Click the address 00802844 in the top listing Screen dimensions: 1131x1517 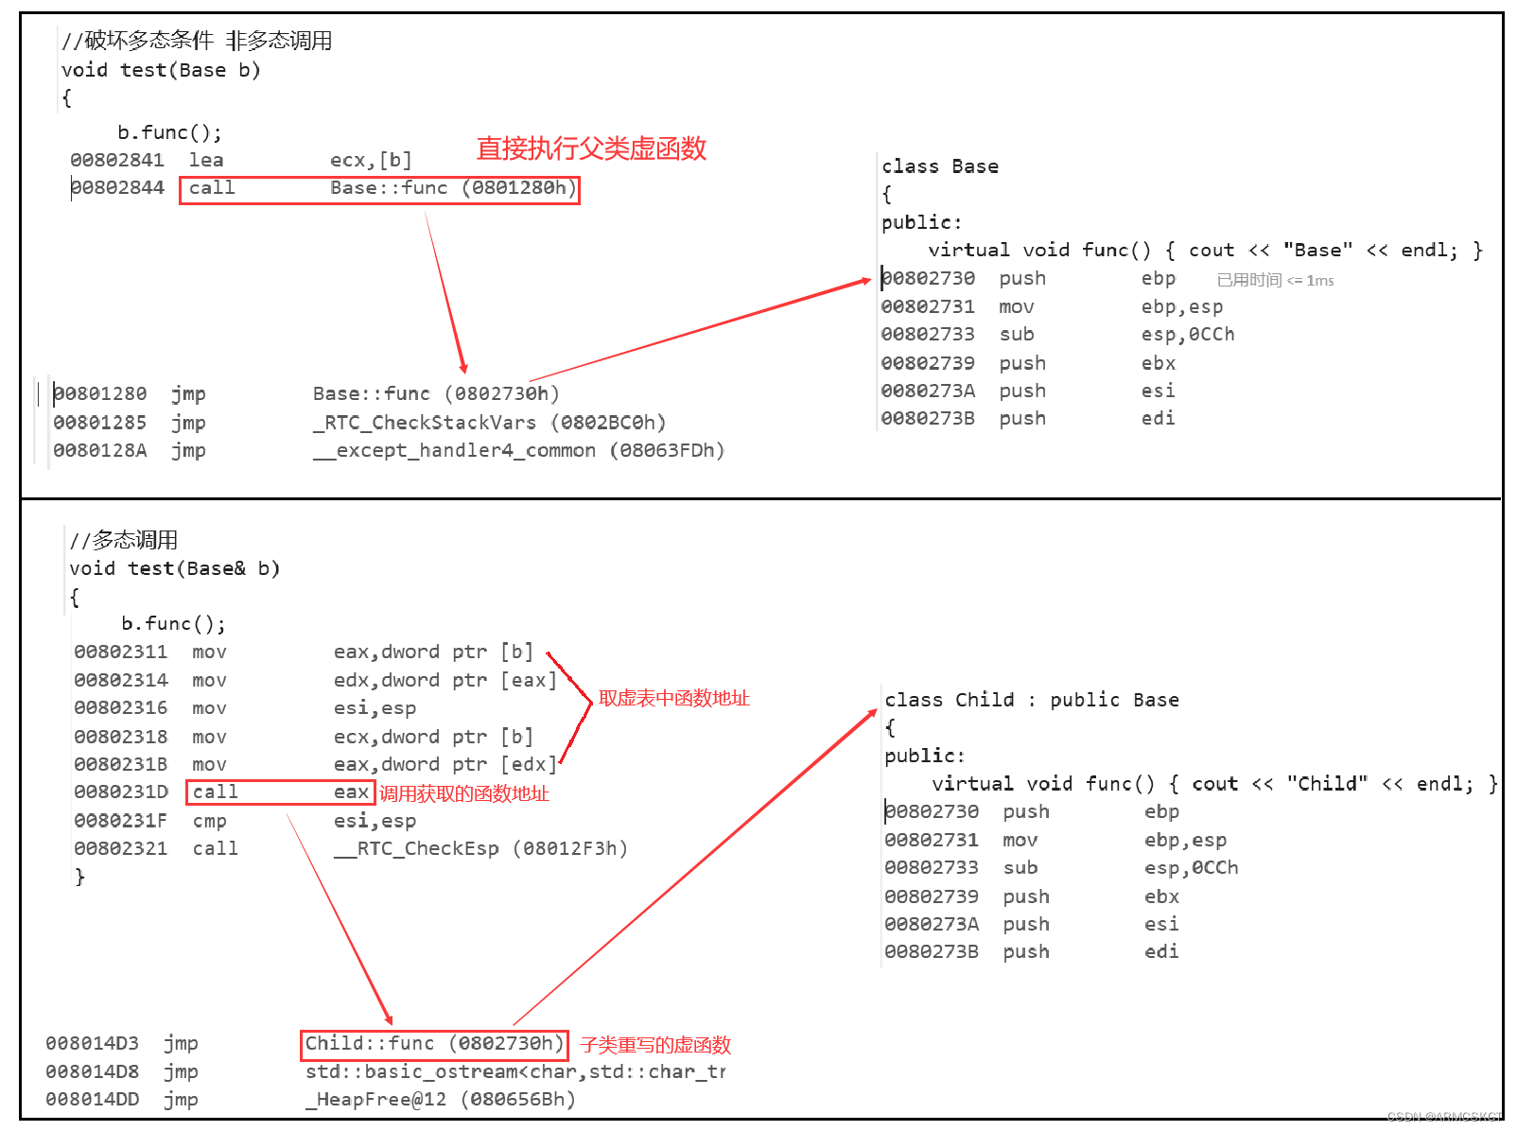pyautogui.click(x=117, y=188)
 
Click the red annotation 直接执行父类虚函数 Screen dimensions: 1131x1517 pyautogui.click(x=591, y=148)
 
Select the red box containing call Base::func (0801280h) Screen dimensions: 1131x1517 pyautogui.click(x=379, y=189)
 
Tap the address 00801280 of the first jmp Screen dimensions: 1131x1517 pyautogui.click(x=100, y=393)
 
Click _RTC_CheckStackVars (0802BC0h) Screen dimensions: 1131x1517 pyautogui.click(x=489, y=423)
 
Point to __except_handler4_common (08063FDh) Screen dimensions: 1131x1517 pyautogui.click(x=518, y=451)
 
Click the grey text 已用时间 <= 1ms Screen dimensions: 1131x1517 pyautogui.click(x=1275, y=280)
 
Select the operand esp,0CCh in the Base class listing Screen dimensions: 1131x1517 pyautogui.click(x=1187, y=335)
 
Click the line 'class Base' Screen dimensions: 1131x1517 pyautogui.click(x=939, y=166)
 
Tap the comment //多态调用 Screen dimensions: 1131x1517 pyautogui.click(x=124, y=540)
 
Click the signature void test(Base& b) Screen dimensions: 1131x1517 pyautogui.click(x=175, y=568)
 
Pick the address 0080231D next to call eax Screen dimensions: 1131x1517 pyautogui.click(x=121, y=792)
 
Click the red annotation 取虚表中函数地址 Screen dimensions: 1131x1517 pyautogui.click(x=673, y=698)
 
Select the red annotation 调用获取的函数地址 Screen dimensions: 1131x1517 pyautogui.click(x=463, y=793)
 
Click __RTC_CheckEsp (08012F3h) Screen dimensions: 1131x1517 pyautogui.click(x=480, y=849)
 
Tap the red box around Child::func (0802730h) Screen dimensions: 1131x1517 pyautogui.click(x=434, y=1044)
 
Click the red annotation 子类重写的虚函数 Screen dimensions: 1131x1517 pyautogui.click(x=655, y=1045)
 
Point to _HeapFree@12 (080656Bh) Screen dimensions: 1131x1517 pyautogui.click(x=440, y=1100)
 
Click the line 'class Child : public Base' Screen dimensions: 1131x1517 pyautogui.click(x=1031, y=700)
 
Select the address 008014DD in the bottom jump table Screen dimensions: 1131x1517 pyautogui.click(x=93, y=1100)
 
